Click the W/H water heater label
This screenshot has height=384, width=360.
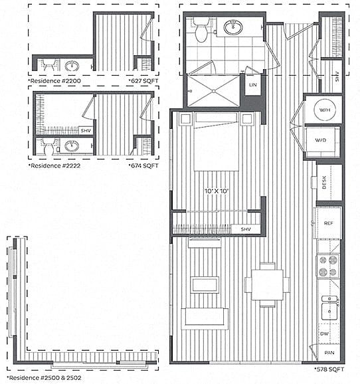click(x=325, y=110)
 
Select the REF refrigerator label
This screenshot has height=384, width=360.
click(x=329, y=223)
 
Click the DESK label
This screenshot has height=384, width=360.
click(x=325, y=183)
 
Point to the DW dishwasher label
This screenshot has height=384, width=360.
click(x=325, y=334)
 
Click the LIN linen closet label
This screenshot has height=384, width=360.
click(x=252, y=86)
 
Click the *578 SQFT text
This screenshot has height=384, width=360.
click(x=329, y=367)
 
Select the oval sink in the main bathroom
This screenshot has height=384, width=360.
click(x=233, y=27)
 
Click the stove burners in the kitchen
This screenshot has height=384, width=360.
click(x=328, y=266)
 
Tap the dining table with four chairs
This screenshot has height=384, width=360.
click(x=268, y=284)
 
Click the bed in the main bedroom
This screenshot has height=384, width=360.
click(x=216, y=143)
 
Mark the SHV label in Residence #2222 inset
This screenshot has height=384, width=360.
click(x=86, y=130)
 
